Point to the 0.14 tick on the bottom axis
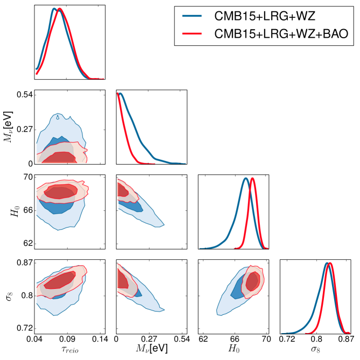coord(100,340)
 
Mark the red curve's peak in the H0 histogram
coord(252,178)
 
